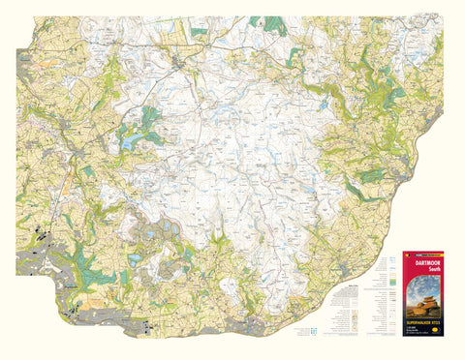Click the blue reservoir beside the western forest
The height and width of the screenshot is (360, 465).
[x=130, y=143]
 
